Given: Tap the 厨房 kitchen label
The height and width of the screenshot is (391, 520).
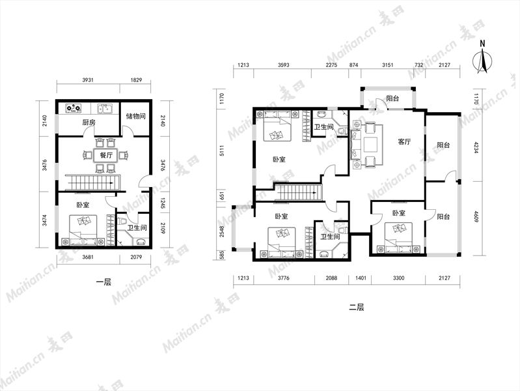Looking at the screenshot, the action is coord(89,123).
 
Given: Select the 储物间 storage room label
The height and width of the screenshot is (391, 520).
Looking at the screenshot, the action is coord(135,116).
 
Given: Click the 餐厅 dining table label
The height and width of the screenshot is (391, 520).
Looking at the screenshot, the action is coord(106,155).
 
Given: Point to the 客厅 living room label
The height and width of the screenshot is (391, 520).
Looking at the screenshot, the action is coord(404,142).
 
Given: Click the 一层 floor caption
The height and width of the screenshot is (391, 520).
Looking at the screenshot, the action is coord(103,282).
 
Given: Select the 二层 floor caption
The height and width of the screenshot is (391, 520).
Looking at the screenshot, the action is coord(357,308).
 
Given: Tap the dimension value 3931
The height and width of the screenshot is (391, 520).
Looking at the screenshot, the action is coord(88,80).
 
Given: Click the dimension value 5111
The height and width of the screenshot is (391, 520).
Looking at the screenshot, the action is coord(222,151).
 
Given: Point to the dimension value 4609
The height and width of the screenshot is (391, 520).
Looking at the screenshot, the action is coord(476,216).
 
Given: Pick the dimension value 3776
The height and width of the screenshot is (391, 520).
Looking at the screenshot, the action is coord(284,278).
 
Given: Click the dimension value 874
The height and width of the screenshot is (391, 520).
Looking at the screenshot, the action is coord(354,65).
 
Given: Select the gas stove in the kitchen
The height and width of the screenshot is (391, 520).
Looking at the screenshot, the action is coord(74,108).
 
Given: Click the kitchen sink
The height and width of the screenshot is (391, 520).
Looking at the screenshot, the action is coord(105,108).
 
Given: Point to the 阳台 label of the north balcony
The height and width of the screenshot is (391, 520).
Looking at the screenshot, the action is coord(392,98).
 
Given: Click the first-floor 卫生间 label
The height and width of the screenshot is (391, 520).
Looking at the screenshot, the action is coord(137,228).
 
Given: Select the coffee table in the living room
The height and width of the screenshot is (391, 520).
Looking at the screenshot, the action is coord(370,144).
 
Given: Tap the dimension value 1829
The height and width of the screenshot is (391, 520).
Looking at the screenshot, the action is coord(136,80).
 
